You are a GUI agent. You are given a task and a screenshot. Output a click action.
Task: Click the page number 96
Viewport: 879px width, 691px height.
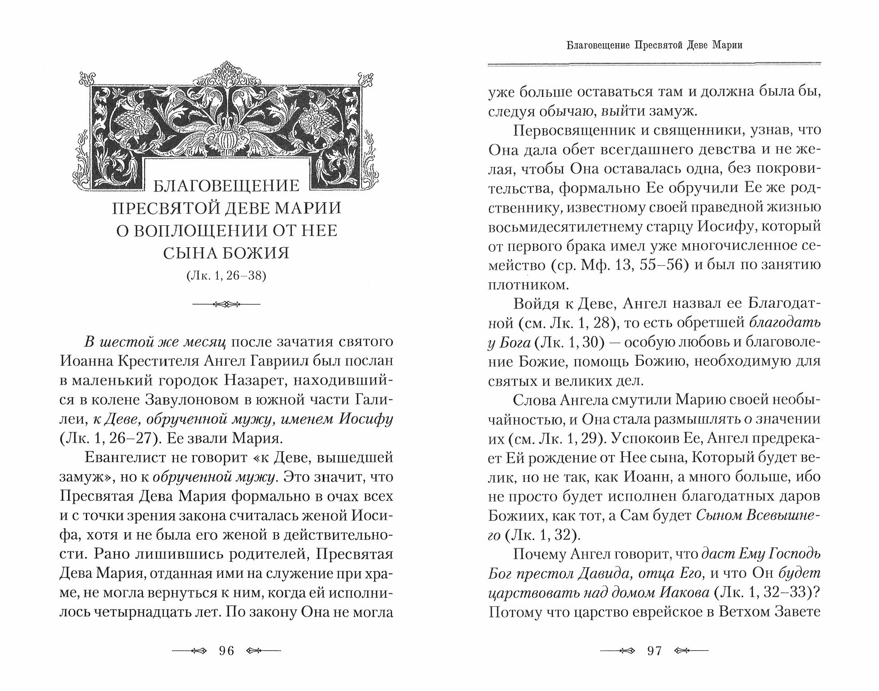[226, 650]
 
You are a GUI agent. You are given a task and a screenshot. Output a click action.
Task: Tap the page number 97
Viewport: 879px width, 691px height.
[654, 650]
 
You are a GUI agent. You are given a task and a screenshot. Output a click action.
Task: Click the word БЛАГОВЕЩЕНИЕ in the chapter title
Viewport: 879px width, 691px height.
[226, 185]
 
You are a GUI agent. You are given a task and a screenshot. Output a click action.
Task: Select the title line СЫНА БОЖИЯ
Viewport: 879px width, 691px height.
[226, 253]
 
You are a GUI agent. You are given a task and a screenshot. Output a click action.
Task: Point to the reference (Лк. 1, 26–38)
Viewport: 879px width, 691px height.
[226, 276]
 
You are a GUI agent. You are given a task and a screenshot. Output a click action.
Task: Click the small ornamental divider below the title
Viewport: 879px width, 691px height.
[226, 304]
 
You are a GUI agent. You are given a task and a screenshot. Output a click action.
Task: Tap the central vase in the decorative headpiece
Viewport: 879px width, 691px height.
[226, 130]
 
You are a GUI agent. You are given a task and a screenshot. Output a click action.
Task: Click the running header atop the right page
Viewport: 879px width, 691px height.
[654, 45]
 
